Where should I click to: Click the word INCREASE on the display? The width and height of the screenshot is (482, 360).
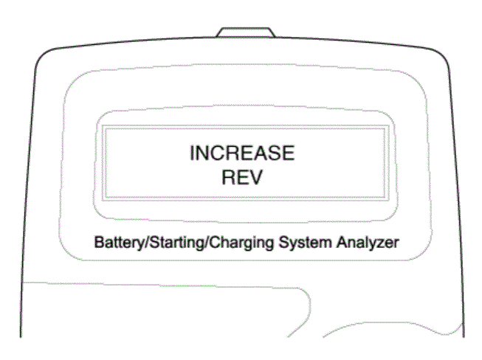point(242,153)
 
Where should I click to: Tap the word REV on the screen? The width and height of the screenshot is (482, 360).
point(242,177)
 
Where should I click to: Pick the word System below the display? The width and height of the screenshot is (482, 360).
point(306,243)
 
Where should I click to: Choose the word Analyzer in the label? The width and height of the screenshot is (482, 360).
point(368,243)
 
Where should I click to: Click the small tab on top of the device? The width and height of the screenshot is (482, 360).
point(245,32)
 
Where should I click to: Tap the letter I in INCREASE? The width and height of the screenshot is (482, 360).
point(192,153)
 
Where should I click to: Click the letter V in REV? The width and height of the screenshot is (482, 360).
point(256,177)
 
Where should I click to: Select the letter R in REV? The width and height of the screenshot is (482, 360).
point(228,177)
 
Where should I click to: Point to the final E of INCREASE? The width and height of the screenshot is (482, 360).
point(289,153)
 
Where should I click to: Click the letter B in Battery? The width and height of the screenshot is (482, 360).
point(99,243)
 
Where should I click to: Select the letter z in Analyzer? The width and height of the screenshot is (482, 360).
point(383,244)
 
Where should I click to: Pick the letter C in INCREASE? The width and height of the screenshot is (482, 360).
point(218,153)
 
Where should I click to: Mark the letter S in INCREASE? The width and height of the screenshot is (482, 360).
point(275,153)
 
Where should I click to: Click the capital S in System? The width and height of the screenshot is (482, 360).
point(283,243)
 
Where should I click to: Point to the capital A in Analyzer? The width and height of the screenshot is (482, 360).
point(342,243)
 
